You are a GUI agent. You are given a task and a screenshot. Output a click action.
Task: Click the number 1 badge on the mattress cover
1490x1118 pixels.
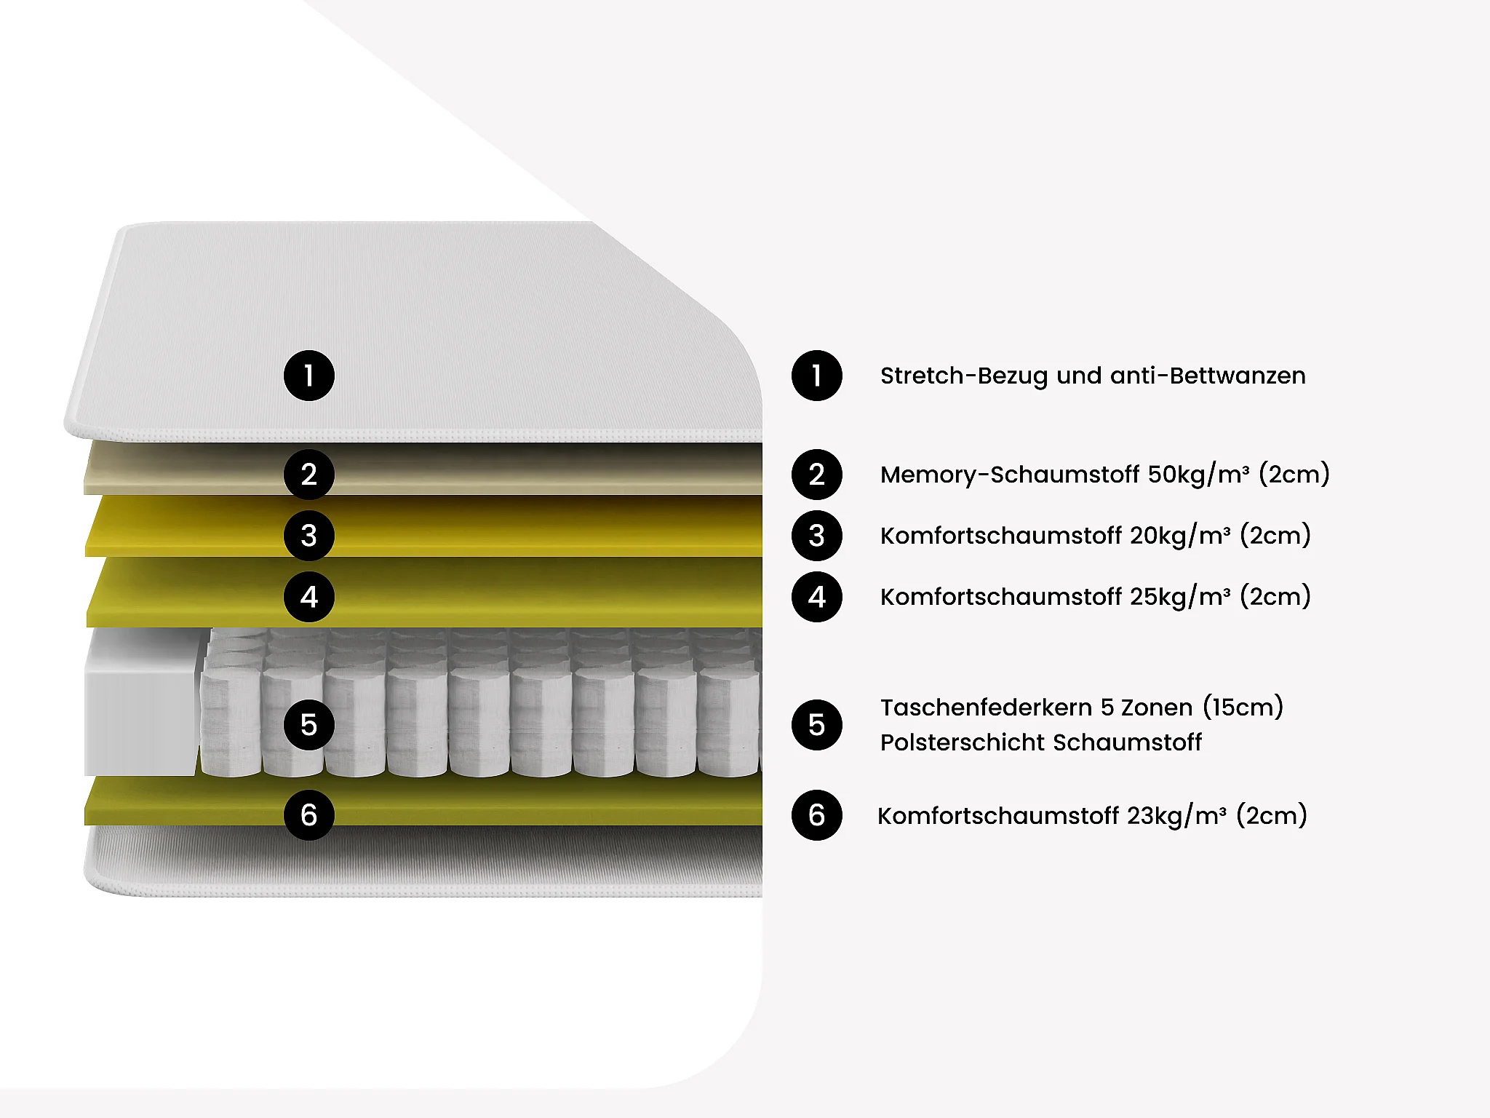(308, 376)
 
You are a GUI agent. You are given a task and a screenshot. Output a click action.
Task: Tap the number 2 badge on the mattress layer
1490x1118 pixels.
(308, 475)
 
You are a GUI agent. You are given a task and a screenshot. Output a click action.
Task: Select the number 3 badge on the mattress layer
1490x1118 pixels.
(308, 536)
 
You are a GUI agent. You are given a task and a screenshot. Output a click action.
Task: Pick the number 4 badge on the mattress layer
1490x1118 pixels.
(308, 597)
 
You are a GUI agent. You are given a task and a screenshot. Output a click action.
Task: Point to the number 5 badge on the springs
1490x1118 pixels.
(308, 725)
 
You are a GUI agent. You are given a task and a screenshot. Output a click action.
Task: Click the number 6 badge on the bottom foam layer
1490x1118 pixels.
(308, 815)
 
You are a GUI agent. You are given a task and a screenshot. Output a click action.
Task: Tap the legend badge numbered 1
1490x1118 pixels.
(816, 376)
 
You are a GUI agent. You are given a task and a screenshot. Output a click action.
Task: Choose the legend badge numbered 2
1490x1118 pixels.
(816, 475)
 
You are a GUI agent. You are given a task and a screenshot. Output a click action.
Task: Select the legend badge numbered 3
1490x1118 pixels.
(816, 536)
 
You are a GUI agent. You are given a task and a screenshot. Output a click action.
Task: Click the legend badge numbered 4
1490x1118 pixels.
(816, 597)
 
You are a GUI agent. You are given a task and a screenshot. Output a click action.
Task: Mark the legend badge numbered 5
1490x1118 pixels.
(816, 725)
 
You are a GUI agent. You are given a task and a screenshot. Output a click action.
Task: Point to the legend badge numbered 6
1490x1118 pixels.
(816, 815)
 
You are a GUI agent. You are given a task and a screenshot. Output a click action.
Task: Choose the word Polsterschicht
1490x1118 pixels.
(963, 743)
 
